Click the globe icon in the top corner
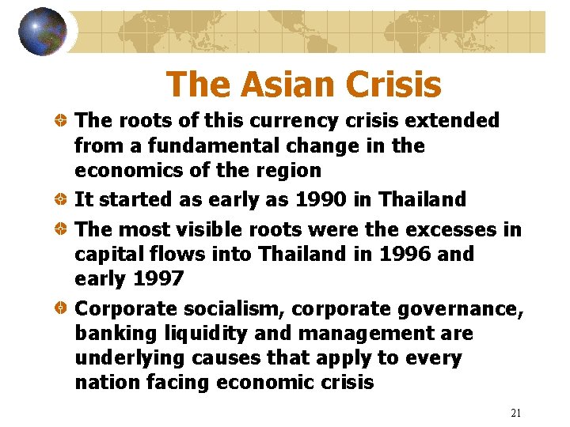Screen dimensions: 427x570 42,31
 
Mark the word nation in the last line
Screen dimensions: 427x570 103,383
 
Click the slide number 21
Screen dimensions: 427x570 517,413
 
